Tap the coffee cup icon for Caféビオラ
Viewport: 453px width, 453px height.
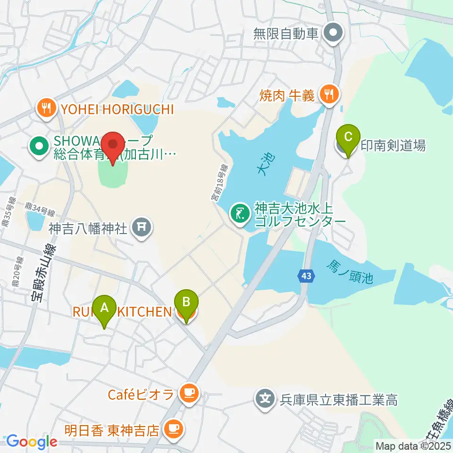click(189, 394)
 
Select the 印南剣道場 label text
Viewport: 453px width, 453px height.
click(393, 145)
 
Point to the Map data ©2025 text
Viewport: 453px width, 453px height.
click(413, 445)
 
